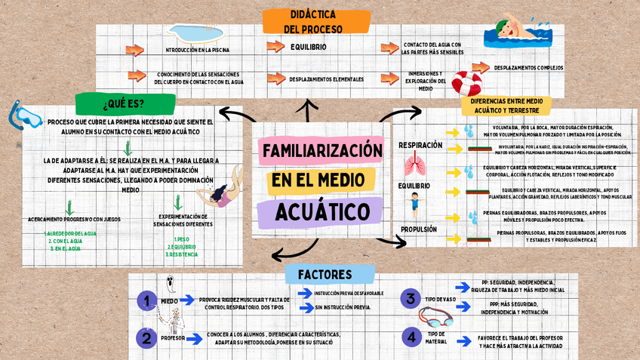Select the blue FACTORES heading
coord(325,274)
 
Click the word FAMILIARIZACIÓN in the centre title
coord(322,151)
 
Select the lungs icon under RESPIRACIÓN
coord(413,164)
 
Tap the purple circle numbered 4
coord(411,337)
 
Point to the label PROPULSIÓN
coord(419,229)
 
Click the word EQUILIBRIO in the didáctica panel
coord(309,47)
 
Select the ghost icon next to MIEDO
coord(171,285)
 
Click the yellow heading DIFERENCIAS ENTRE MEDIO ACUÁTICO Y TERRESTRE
coord(505,105)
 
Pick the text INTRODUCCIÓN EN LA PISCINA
coord(198,51)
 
